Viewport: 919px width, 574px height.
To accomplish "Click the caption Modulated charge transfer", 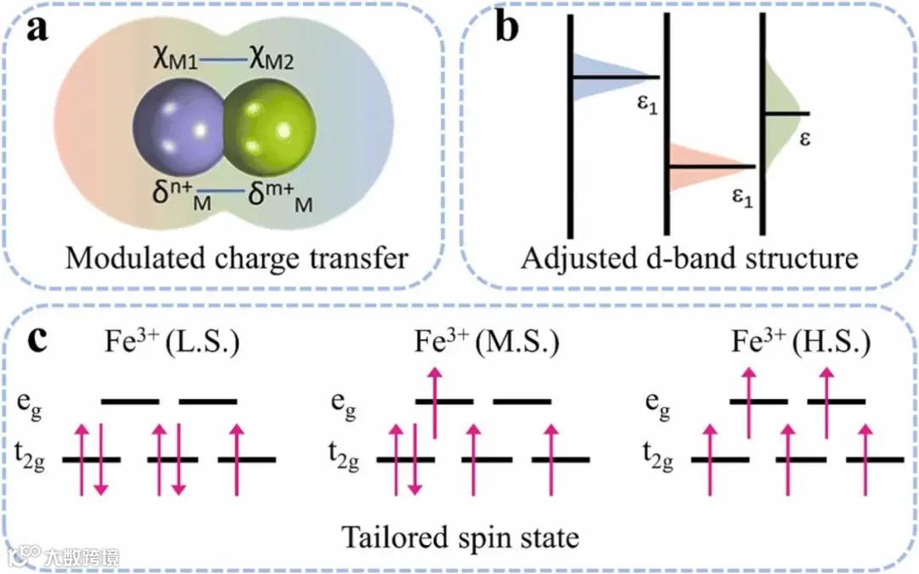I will tap(237, 258).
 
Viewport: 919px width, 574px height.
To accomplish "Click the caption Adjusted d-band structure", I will tap(688, 258).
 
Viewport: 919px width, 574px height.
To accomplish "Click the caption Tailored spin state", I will tap(460, 537).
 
